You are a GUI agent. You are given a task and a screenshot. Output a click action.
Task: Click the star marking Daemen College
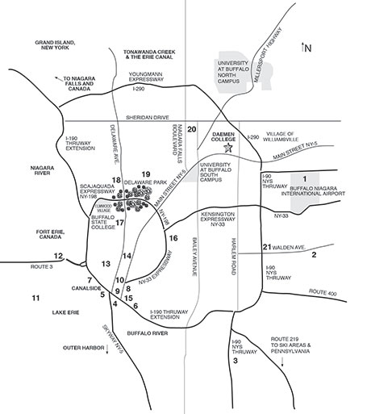tap(228, 148)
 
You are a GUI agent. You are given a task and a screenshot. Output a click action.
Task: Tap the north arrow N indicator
tap(307, 48)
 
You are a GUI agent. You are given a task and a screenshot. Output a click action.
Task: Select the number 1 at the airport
tap(305, 178)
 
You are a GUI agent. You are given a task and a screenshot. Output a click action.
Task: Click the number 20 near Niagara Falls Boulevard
tap(192, 129)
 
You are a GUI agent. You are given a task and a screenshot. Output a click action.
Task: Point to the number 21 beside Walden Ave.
tap(267, 247)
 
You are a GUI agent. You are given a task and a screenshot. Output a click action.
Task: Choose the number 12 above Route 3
tap(58, 256)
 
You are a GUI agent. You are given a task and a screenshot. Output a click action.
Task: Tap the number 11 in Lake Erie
tap(35, 298)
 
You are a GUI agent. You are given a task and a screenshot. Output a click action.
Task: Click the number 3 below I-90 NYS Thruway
tap(236, 361)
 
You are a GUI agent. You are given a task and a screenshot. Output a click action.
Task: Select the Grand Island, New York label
tap(55, 45)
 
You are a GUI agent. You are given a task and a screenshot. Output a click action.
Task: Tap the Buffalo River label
tap(148, 333)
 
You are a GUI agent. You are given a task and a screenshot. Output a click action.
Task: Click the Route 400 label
tap(323, 292)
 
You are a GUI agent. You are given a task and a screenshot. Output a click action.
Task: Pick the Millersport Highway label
tap(268, 55)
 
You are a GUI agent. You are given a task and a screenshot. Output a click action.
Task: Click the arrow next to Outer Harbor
tap(107, 349)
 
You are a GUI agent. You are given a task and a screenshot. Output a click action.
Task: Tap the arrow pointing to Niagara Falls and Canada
tap(58, 78)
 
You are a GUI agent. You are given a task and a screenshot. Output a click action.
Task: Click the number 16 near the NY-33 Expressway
tap(173, 238)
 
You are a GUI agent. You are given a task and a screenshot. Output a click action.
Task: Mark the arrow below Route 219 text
tap(282, 362)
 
